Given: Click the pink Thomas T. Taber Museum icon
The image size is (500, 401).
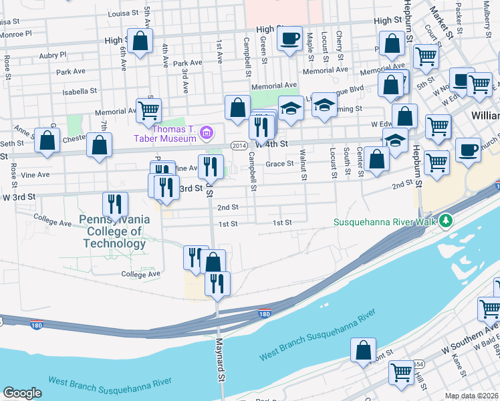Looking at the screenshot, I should [207, 133].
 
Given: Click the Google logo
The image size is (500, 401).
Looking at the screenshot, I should [22, 393].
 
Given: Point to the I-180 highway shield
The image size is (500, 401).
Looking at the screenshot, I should [264, 312].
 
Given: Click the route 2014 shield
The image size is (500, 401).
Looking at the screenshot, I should [239, 145].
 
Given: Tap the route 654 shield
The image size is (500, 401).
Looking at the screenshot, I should [418, 364].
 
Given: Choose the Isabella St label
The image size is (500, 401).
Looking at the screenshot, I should [80, 91].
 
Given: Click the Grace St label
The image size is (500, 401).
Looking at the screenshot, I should [280, 163].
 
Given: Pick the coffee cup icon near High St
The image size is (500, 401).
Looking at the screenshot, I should [289, 39].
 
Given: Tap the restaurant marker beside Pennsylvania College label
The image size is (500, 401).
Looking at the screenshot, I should [116, 205].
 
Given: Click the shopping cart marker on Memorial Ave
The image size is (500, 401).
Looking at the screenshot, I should [148, 111].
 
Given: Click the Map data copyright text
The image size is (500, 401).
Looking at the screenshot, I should [472, 396].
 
